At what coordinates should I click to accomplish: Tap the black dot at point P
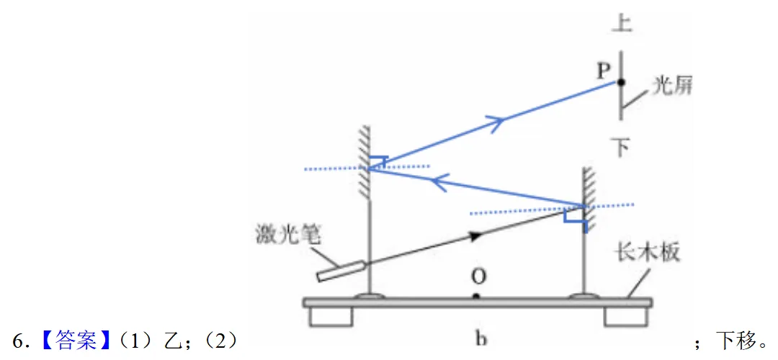point(620,82)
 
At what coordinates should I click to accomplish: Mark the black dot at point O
point(476,297)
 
